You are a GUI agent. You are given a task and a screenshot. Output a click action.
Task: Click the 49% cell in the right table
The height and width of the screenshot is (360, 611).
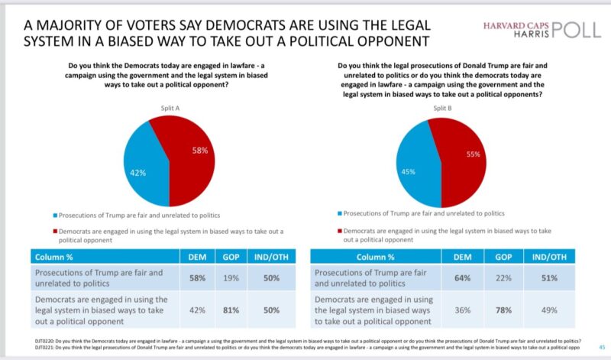550,309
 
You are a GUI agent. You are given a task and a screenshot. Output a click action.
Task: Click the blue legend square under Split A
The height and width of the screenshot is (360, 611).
56,216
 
